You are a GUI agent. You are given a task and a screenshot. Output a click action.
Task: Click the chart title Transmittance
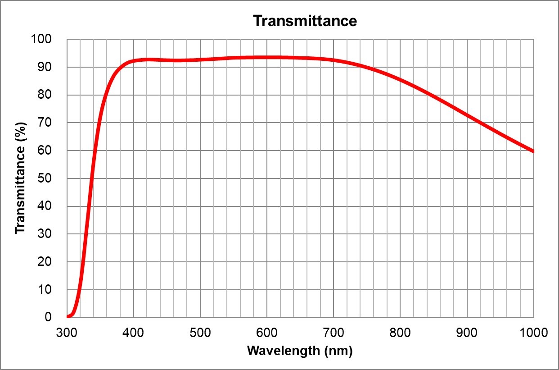[305, 21]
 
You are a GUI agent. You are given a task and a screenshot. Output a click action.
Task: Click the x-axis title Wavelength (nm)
[300, 351]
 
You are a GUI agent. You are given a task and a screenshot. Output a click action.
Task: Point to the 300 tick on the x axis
[67, 333]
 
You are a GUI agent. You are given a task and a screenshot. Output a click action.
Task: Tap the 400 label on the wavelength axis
[133, 333]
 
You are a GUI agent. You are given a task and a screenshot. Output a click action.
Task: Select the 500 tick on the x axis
[200, 333]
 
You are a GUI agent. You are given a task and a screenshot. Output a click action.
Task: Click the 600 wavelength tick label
[267, 333]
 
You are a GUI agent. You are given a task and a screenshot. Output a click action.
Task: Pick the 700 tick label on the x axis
[334, 333]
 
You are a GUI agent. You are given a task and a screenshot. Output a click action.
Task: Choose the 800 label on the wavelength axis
[400, 333]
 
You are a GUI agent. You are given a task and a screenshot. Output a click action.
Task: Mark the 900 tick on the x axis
[467, 333]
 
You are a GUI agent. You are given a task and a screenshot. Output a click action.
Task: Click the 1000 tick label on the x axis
[533, 333]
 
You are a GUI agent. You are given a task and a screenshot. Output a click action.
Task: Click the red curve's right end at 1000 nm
[533, 151]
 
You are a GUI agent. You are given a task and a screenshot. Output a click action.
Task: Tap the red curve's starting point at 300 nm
[68, 316]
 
